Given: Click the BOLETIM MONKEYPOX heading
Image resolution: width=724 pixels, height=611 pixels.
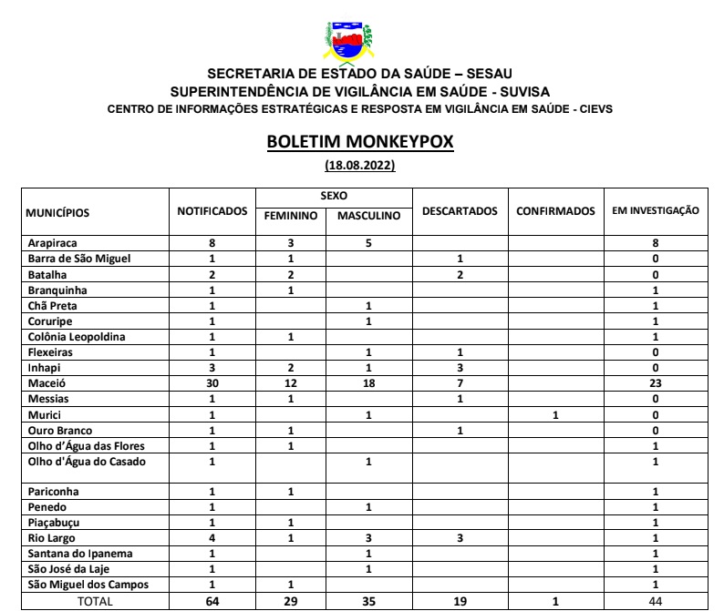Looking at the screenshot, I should pos(359,144).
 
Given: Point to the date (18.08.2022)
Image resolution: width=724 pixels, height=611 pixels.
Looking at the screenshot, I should pos(359,166).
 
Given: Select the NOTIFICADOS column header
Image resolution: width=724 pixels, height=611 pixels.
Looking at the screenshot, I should pos(212,211).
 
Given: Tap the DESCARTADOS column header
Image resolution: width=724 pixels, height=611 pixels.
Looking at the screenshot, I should pos(460,211).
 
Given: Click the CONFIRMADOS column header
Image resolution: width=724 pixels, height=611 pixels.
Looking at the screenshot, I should pos(555,211).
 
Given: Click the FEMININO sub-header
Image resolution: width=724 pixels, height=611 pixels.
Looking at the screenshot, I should pos(291,217).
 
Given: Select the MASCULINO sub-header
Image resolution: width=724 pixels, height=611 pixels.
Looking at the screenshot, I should pos(368,217).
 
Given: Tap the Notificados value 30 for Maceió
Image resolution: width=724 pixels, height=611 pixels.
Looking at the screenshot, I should pos(212,383).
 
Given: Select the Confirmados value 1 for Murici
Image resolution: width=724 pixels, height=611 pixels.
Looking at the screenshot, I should pos(555,414).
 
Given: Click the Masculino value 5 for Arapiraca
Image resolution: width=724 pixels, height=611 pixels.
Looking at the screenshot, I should pos(368,243).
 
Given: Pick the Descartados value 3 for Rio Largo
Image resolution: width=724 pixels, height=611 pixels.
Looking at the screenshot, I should pos(460,537).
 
